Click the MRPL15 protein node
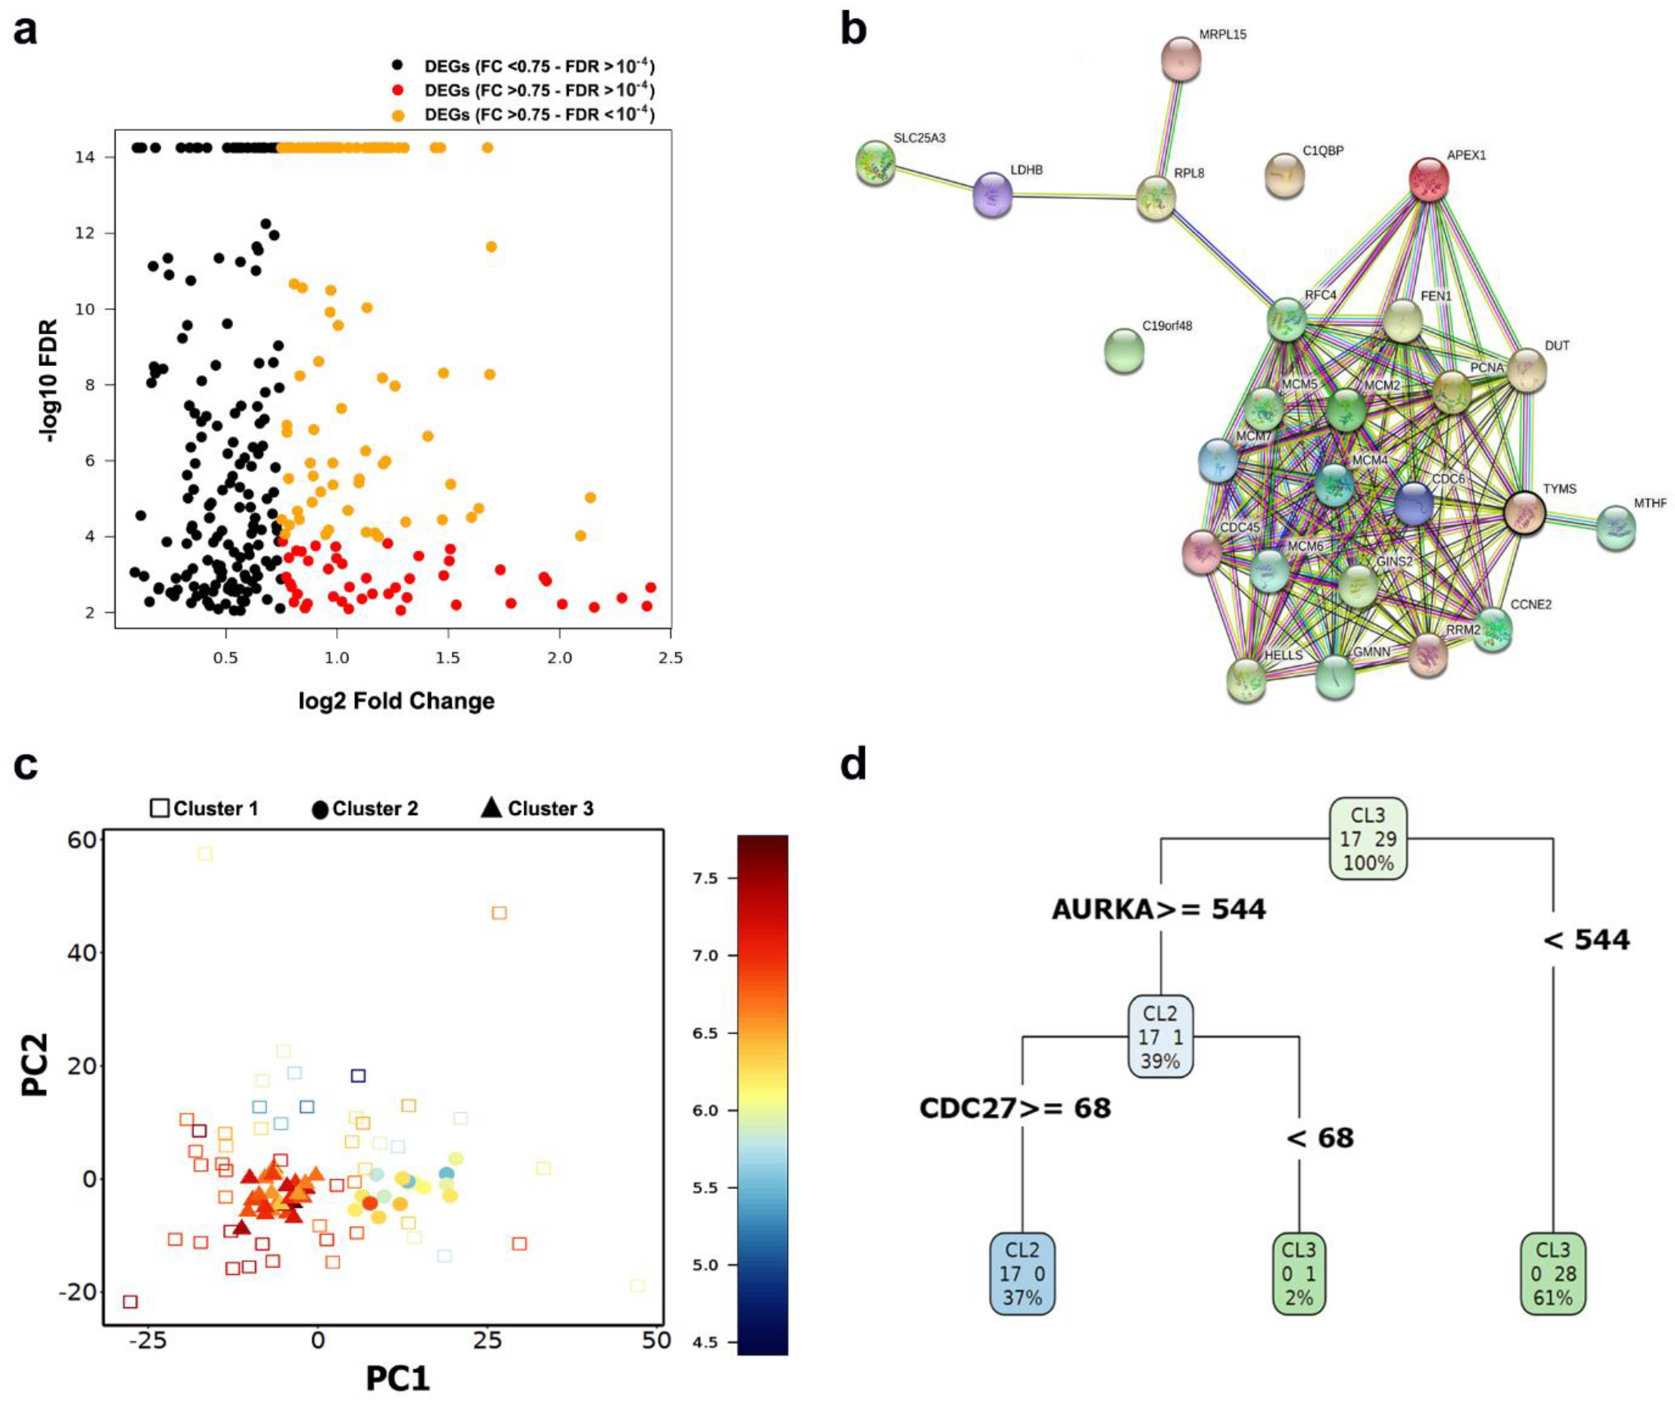click(x=1181, y=58)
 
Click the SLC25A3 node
click(x=875, y=162)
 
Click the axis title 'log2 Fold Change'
click(x=397, y=701)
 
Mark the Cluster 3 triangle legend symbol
click(x=491, y=808)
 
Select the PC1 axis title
click(x=397, y=1378)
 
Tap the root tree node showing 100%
click(x=1368, y=839)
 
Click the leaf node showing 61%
click(x=1553, y=1273)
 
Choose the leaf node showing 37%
click(x=1022, y=1273)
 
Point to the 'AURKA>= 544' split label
click(x=1158, y=909)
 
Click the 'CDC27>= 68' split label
click(x=1014, y=1108)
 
